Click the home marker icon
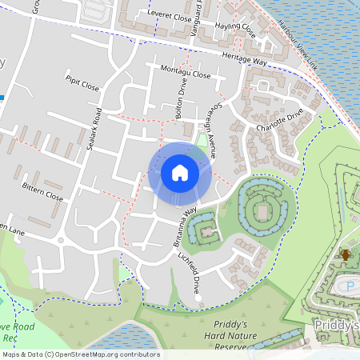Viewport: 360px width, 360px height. click(179, 173)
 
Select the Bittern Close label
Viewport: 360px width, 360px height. click(42, 194)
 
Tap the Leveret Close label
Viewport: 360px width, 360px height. click(170, 15)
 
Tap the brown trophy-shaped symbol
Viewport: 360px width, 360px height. click(346, 254)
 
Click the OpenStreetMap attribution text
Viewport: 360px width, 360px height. click(80, 354)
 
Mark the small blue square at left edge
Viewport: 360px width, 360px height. click(2, 97)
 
